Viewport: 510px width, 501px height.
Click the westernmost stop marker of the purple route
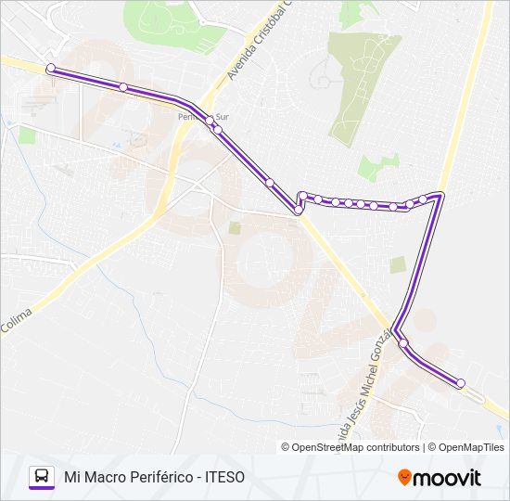click(x=50, y=67)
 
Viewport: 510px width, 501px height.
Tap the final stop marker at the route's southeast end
click(x=460, y=382)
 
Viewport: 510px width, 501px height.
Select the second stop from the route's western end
click(x=123, y=87)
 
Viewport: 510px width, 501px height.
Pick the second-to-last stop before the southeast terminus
click(x=403, y=343)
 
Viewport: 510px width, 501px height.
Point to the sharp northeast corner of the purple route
click(x=440, y=195)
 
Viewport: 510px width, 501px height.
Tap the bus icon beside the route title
click(x=42, y=477)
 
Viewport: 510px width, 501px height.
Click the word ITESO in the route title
click(x=223, y=477)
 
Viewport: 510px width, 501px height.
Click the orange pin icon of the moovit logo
click(x=404, y=478)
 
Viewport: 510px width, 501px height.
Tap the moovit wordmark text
click(x=447, y=478)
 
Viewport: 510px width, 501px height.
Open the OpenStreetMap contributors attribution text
click(x=351, y=447)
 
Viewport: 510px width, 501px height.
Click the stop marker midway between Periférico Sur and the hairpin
click(x=269, y=183)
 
